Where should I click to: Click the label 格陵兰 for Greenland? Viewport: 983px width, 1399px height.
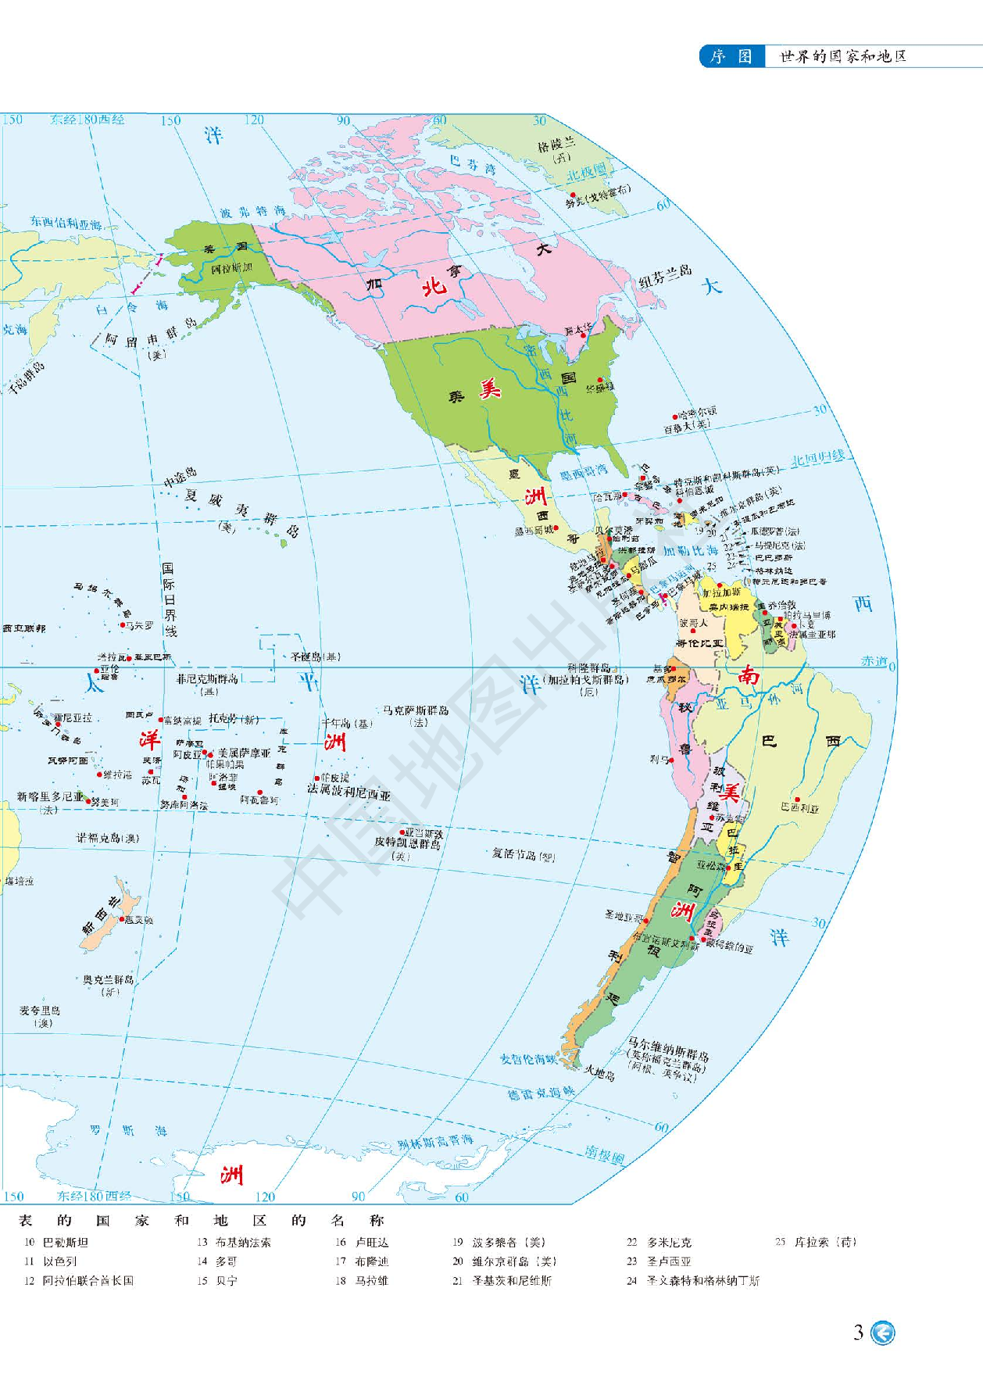click(x=556, y=145)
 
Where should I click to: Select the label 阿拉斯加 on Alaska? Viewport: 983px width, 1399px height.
click(x=232, y=268)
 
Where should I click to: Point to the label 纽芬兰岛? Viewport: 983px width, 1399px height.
click(x=665, y=276)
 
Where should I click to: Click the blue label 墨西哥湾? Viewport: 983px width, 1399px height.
click(x=584, y=471)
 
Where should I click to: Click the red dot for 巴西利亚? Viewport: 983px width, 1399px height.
click(x=797, y=800)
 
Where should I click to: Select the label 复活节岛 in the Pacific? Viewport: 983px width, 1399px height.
click(x=523, y=854)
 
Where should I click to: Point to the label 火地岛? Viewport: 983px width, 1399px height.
click(x=599, y=1074)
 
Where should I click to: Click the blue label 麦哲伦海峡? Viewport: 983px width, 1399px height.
click(x=529, y=1058)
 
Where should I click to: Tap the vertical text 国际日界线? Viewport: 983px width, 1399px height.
click(x=169, y=599)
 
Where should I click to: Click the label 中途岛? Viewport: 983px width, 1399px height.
click(x=180, y=477)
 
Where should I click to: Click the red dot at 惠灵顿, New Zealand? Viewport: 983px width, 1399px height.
click(x=122, y=918)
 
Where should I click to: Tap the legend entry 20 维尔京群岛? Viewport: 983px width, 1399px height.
click(x=503, y=1261)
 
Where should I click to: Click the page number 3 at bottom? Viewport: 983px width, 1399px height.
click(x=858, y=1333)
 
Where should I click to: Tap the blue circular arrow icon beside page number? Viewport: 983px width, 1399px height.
click(x=883, y=1333)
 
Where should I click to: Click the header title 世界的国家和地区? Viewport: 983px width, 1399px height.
click(x=843, y=56)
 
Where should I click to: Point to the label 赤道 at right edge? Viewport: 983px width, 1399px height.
click(x=874, y=660)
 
